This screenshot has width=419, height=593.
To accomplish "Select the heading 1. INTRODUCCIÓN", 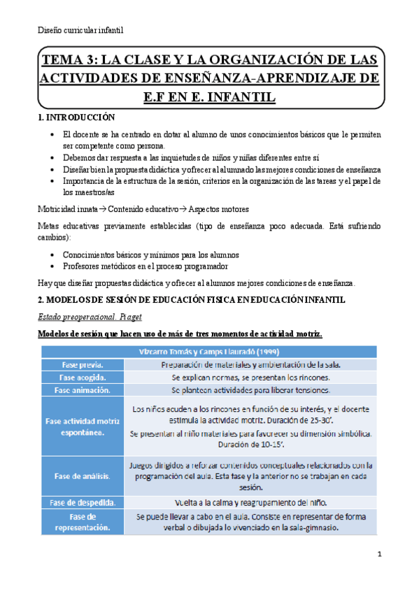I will pos(76,118).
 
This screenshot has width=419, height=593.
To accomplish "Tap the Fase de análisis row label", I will pos(80,476).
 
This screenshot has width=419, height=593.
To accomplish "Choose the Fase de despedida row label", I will pos(82,503).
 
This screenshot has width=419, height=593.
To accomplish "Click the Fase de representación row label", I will pos(80,522).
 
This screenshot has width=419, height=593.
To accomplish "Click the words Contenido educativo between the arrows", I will pos(143,209).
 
